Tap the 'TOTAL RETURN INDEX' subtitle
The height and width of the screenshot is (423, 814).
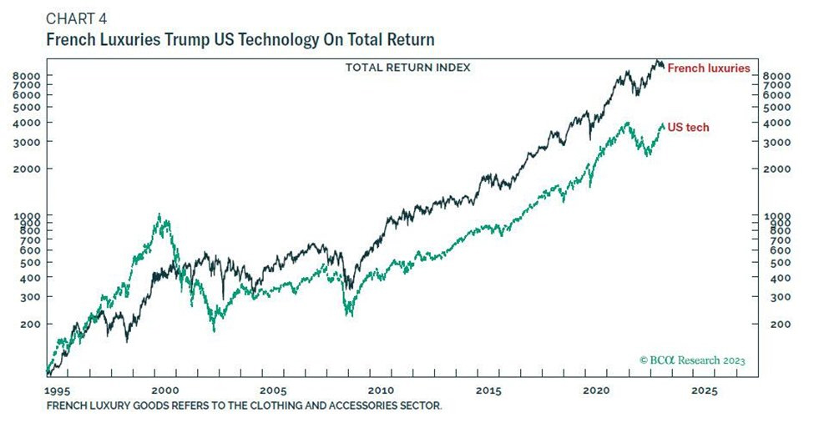(407, 67)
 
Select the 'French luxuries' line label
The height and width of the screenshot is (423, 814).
(708, 68)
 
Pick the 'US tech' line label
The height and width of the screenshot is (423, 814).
(688, 127)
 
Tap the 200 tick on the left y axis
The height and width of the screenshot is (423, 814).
(32, 325)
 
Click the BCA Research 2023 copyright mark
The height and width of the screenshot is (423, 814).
(692, 360)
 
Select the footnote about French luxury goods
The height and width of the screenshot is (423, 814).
(244, 405)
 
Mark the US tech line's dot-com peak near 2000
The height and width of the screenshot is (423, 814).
(159, 216)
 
